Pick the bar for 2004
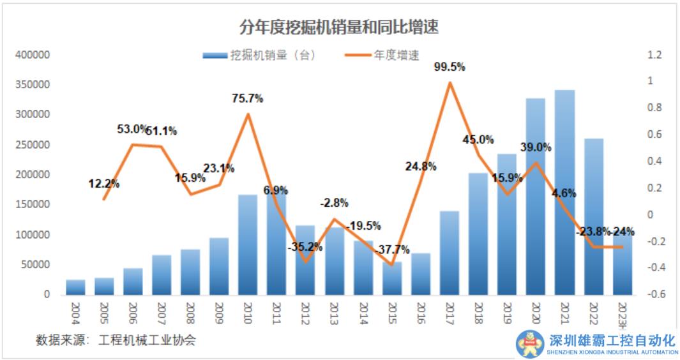(x=75, y=287)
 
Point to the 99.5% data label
(x=450, y=66)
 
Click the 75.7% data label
(x=247, y=98)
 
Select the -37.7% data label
(x=394, y=249)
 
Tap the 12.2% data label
(x=104, y=184)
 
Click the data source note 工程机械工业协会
(x=147, y=340)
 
